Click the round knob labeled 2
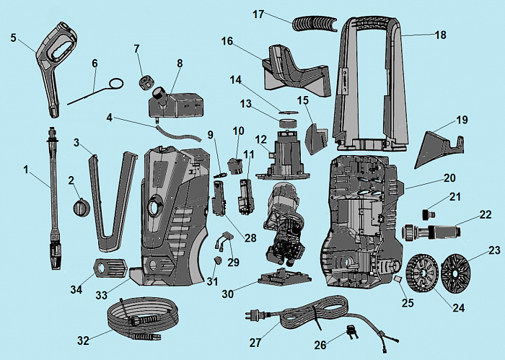(82, 207)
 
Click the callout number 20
(449, 177)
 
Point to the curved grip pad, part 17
(315, 22)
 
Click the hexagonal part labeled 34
(108, 267)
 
